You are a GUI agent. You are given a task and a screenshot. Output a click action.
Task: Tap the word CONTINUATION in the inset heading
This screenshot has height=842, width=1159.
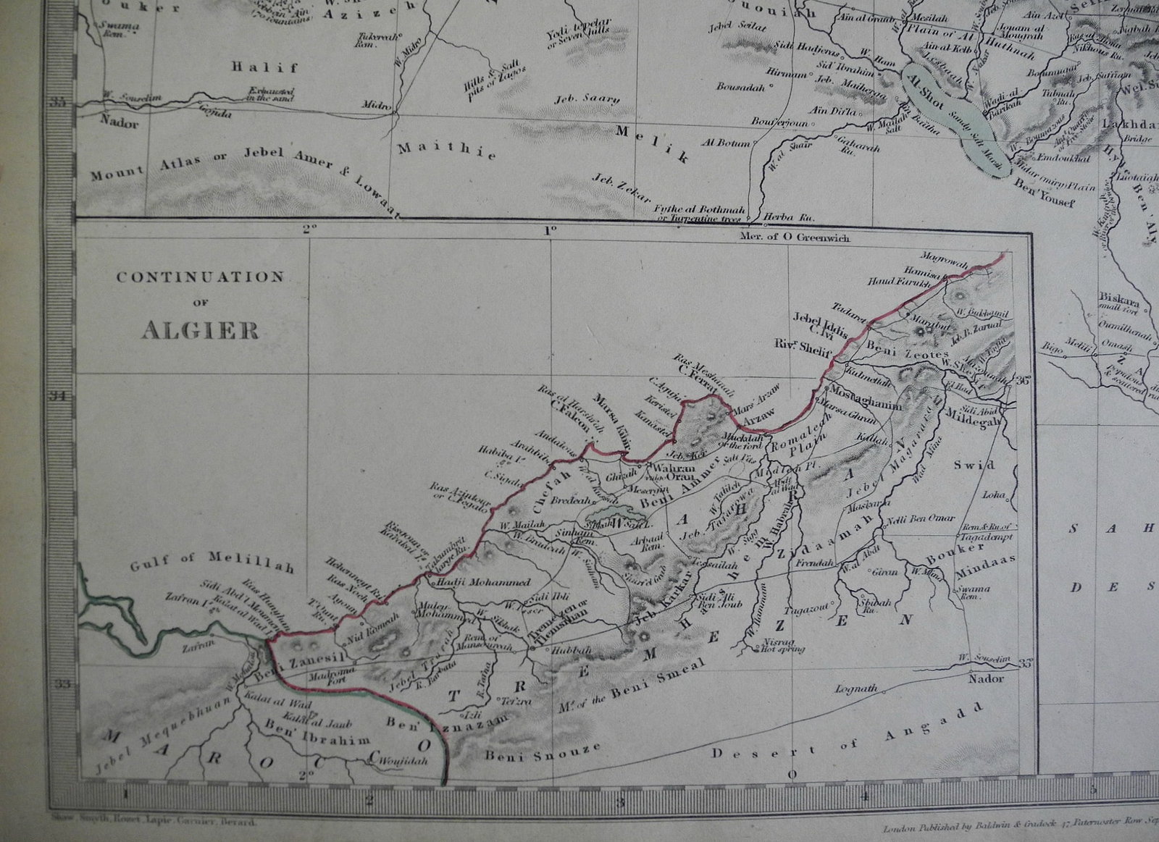200,277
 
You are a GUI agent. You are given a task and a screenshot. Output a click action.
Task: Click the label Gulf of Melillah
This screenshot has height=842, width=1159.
213,564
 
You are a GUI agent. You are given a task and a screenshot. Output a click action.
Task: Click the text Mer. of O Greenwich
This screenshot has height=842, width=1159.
795,237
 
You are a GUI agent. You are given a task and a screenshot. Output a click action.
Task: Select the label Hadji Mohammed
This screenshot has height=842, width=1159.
480,582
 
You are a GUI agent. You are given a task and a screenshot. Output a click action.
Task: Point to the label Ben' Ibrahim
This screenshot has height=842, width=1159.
317,738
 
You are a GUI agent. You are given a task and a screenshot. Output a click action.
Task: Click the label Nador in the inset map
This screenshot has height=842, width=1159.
987,678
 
